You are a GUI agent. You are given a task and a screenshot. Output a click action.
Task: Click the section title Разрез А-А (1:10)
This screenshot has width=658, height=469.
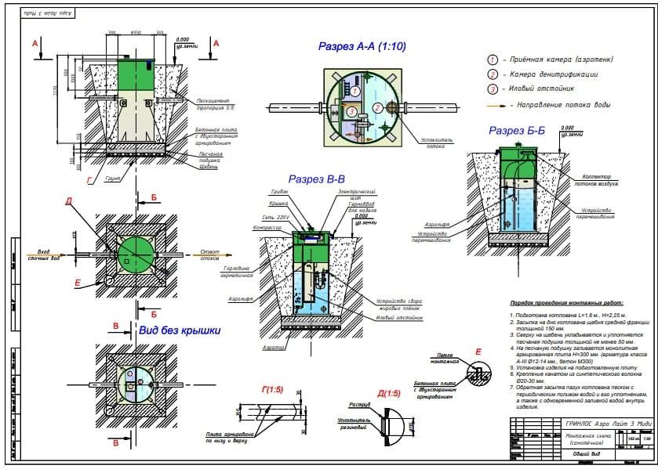[362, 47]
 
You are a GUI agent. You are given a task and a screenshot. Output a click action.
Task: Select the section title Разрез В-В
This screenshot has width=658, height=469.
[316, 180]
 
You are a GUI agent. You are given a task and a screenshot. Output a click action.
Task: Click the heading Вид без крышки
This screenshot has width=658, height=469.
[179, 330]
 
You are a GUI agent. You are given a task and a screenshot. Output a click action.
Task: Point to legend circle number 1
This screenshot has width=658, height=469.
[493, 60]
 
